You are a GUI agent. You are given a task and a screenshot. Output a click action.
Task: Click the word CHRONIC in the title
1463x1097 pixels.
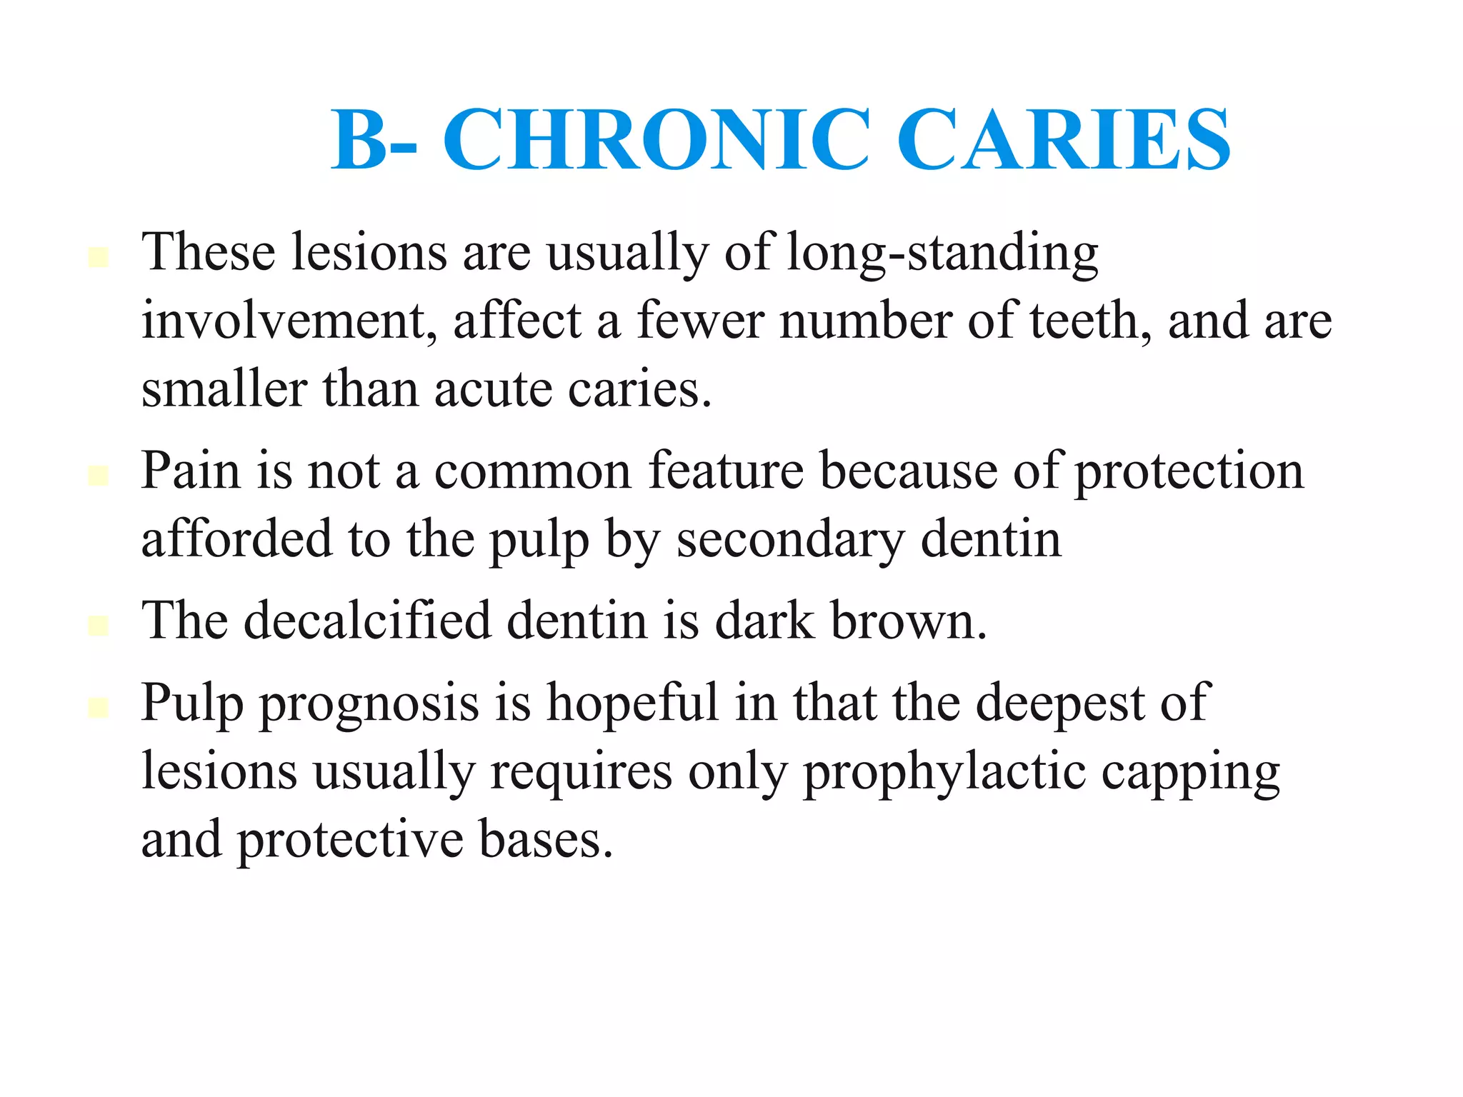pyautogui.click(x=656, y=140)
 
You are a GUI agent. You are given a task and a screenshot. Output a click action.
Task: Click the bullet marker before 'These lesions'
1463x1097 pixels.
pyautogui.click(x=98, y=257)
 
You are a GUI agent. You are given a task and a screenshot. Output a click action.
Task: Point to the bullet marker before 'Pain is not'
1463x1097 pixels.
pyautogui.click(x=98, y=476)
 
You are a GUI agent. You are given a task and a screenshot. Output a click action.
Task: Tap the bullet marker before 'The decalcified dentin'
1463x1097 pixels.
pyautogui.click(x=98, y=626)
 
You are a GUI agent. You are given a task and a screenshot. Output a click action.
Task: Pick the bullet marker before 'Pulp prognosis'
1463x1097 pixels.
pyautogui.click(x=98, y=707)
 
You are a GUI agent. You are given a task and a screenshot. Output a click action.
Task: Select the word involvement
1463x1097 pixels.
pyautogui.click(x=289, y=321)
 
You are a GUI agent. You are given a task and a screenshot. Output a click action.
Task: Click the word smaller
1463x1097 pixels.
pyautogui.click(x=224, y=390)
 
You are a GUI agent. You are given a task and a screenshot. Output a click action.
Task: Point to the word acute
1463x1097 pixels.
pyautogui.click(x=493, y=390)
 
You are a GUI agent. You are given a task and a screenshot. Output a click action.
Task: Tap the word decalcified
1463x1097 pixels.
pyautogui.click(x=367, y=621)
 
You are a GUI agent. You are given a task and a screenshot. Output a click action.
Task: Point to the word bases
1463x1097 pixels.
pyautogui.click(x=546, y=840)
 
